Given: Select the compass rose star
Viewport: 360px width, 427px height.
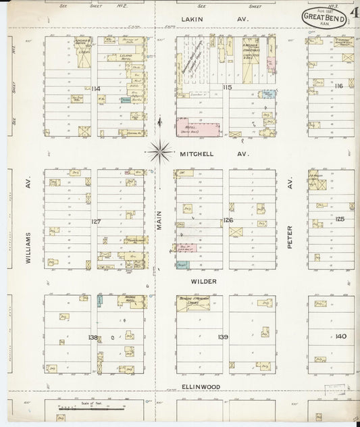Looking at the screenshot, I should [x=160, y=153].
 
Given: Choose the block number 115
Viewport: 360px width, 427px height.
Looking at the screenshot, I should [x=226, y=87].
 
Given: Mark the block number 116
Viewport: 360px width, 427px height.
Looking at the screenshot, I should [x=338, y=86].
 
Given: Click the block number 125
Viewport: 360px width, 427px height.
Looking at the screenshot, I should [x=340, y=219].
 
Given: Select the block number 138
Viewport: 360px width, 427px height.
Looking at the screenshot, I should [x=93, y=336].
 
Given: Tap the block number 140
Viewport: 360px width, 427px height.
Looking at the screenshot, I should [x=340, y=336].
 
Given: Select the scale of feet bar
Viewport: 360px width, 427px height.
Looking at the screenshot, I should [x=74, y=409].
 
